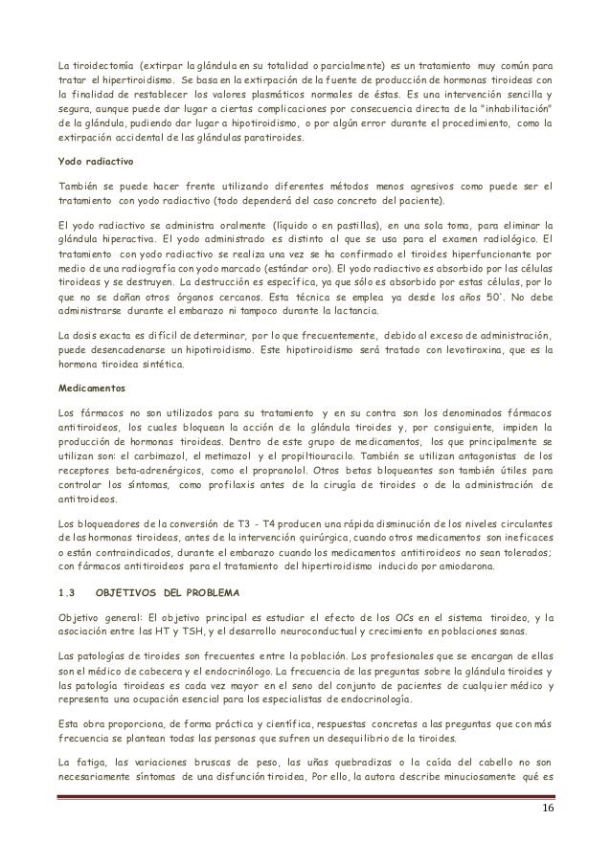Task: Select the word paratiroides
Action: click(270, 140)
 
